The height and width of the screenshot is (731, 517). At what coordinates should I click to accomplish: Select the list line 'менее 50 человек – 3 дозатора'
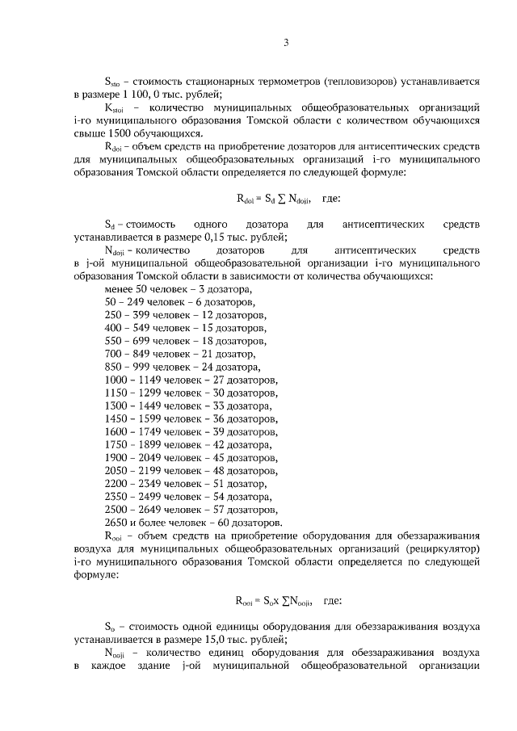click(x=179, y=288)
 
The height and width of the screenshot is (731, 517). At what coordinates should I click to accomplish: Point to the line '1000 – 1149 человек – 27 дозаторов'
click(x=191, y=380)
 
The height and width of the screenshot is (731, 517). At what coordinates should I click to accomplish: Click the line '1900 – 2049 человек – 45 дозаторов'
click(x=191, y=458)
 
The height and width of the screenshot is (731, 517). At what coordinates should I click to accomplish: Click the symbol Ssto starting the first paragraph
click(x=114, y=82)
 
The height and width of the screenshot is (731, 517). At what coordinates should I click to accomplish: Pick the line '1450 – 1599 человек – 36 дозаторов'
click(x=191, y=418)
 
